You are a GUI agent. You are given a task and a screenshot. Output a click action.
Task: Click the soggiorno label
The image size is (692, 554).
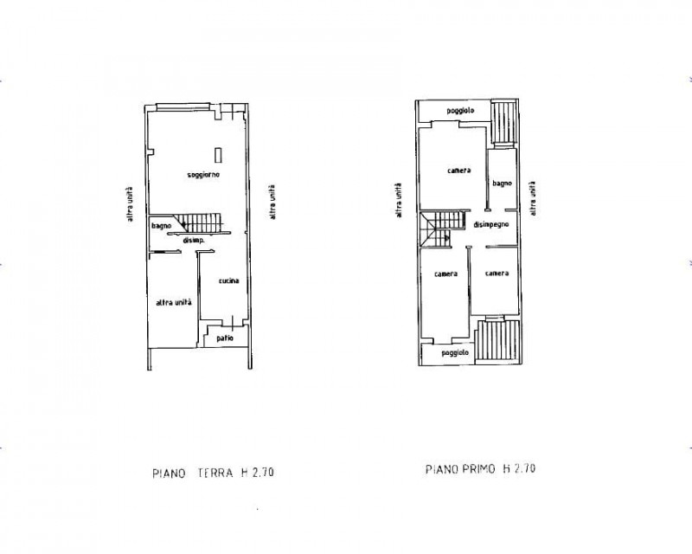coord(203,175)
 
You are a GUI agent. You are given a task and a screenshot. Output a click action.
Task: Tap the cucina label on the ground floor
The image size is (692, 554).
coord(228,280)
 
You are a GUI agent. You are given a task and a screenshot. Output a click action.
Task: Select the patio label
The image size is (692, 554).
coord(225,338)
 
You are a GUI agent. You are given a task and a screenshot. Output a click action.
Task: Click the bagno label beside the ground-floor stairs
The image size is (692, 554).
coord(161,226)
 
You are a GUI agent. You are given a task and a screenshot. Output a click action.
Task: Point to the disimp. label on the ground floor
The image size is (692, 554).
coord(193,241)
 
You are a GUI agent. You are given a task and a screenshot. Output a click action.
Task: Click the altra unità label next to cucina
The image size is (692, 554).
coord(174,303)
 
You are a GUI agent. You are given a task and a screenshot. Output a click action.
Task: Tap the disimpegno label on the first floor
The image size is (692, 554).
coord(491,225)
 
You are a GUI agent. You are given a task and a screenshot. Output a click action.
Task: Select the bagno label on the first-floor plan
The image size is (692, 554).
coord(502,183)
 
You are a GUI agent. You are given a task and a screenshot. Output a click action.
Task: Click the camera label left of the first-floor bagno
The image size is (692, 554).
coord(459,170)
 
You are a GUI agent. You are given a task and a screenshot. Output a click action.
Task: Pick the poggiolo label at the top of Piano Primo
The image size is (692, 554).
coord(460,111)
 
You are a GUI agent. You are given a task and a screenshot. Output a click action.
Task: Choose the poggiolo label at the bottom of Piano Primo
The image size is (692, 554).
coord(455,353)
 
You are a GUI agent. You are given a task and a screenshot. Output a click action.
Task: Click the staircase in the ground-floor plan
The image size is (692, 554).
coord(197,222)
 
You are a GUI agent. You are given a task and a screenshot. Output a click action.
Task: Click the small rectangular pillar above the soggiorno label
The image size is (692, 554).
coord(218,155)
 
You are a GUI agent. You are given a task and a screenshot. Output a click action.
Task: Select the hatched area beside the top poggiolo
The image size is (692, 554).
coord(504,122)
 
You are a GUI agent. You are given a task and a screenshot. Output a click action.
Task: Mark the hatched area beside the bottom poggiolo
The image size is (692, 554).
coord(498,340)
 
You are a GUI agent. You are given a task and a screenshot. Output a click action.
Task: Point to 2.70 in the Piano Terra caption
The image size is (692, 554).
coord(263,473)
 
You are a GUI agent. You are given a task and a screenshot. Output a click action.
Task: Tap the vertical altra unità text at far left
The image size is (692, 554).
coord(130,204)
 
